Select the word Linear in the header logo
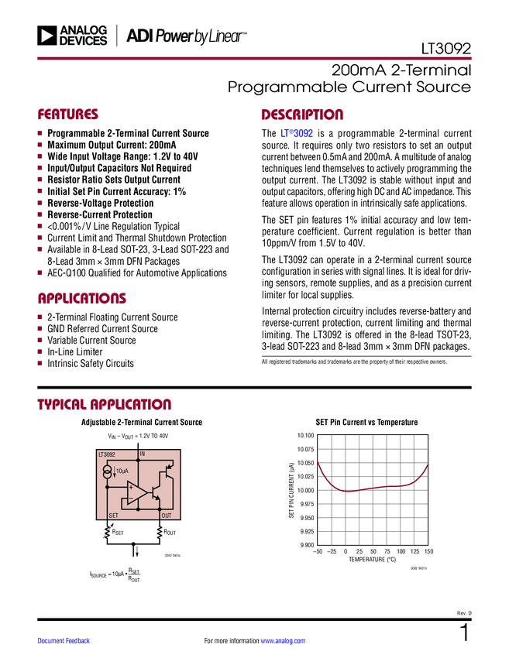point(225,36)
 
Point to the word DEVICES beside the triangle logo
point(83,41)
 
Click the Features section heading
point(68,115)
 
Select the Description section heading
point(303,115)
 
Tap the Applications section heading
point(82,298)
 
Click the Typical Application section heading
point(105,404)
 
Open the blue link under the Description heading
point(297,133)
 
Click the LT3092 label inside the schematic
point(106,454)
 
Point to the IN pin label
point(143,454)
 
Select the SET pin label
point(113,515)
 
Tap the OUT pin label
point(166,515)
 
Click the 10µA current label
point(122,471)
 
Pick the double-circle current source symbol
point(107,471)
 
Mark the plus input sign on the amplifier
point(131,488)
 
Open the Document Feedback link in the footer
point(64,640)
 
